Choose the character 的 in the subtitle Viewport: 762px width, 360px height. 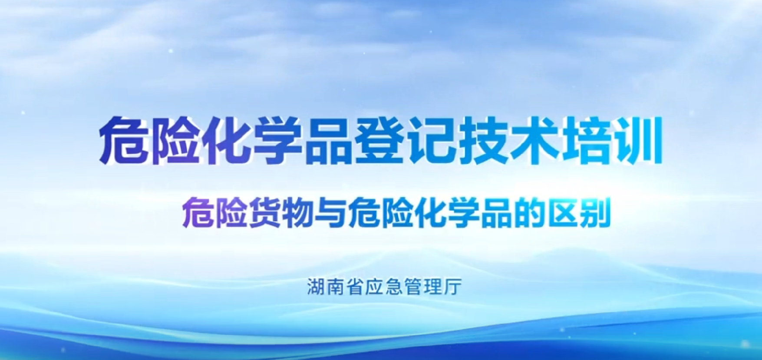pyautogui.click(x=528, y=212)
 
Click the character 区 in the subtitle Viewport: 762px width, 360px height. pyautogui.click(x=561, y=212)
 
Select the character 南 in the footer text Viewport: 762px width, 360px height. pyautogui.click(x=336, y=287)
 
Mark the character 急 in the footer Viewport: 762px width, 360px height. pyautogui.click(x=394, y=287)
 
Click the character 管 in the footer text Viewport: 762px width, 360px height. pyautogui.click(x=414, y=287)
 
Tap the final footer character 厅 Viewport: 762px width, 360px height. pyautogui.click(x=453, y=287)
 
